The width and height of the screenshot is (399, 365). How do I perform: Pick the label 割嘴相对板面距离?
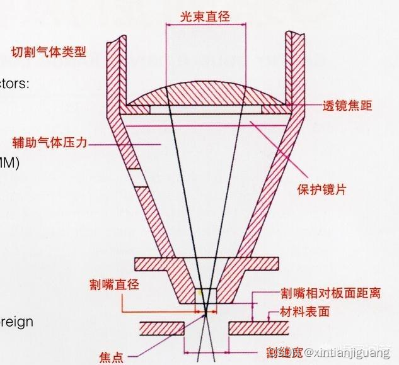point(330,294)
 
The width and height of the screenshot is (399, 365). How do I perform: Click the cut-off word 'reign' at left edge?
point(16,322)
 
